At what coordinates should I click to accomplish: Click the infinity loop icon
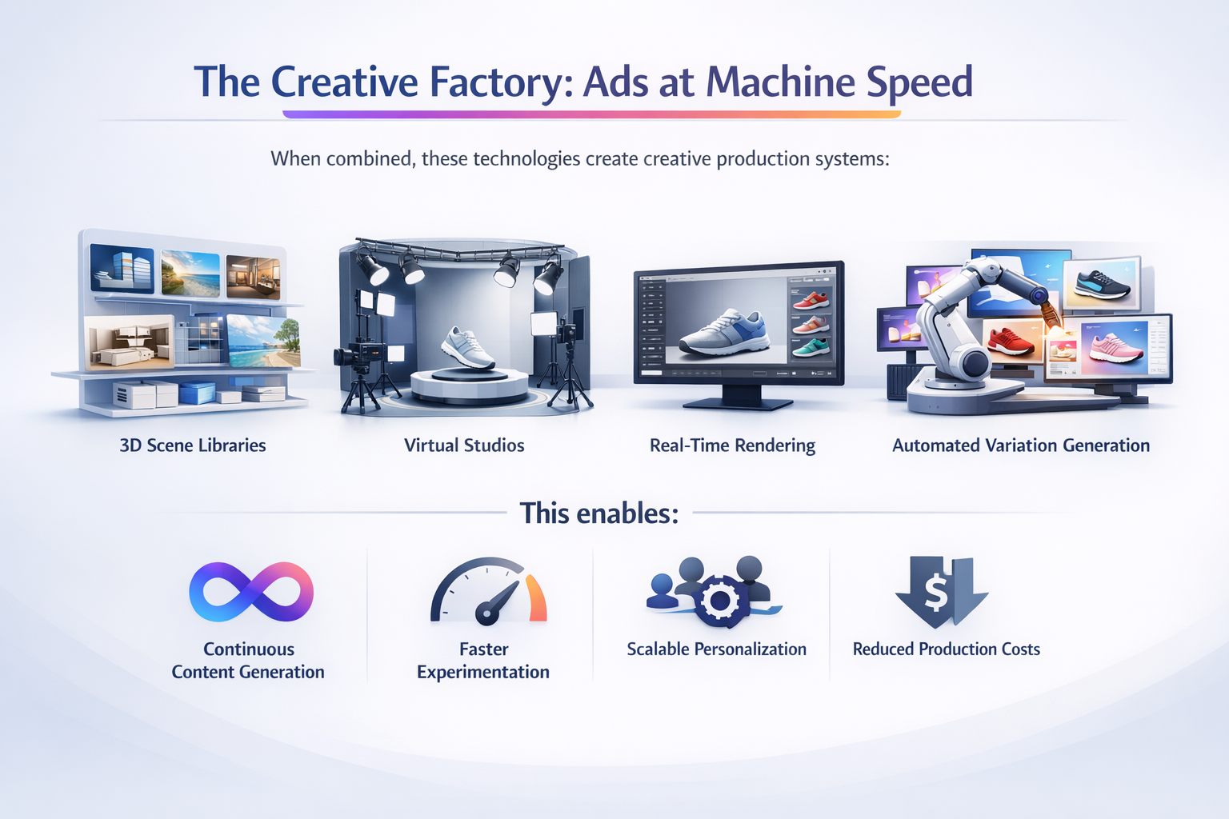[250, 592]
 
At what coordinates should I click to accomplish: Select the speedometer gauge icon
[487, 592]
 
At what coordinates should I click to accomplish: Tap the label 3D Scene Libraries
[193, 445]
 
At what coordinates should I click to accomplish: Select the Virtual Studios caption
[464, 445]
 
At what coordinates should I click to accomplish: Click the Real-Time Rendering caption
[732, 445]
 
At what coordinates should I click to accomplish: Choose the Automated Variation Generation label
[1021, 445]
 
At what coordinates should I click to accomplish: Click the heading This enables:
[599, 513]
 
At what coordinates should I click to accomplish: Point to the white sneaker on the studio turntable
[468, 347]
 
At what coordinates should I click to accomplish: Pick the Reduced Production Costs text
[947, 649]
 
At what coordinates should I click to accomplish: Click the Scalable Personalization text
[716, 649]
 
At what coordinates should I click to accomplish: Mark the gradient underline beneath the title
[592, 114]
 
